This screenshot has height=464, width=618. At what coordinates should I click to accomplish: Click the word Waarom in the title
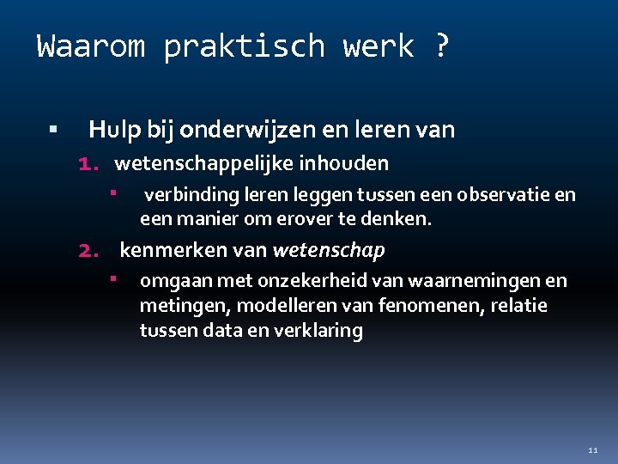tap(91, 46)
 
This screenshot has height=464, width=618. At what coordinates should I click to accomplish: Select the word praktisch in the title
tap(244, 46)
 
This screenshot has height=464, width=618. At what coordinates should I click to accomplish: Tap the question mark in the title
tap(440, 46)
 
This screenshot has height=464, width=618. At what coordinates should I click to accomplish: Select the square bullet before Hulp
tap(53, 131)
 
